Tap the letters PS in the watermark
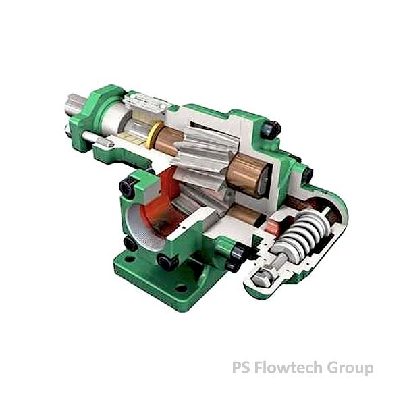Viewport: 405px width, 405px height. [x=241, y=367]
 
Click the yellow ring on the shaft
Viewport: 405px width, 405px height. [x=153, y=136]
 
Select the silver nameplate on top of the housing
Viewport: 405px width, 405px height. [x=144, y=103]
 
